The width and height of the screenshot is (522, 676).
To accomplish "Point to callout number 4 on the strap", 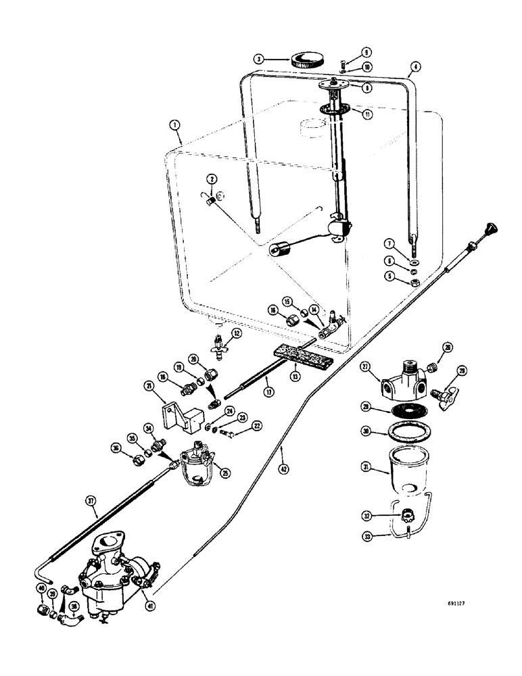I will point(415,66).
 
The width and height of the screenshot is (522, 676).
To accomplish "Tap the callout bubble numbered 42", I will point(282,466).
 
